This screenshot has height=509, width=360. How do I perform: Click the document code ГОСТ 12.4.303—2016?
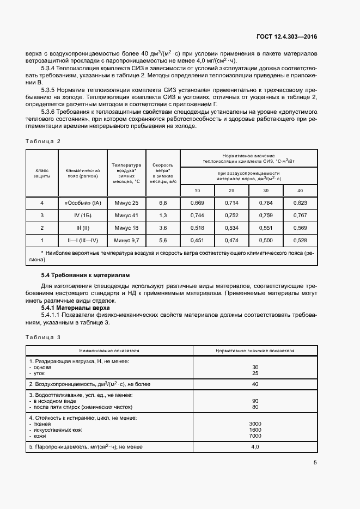click(286, 36)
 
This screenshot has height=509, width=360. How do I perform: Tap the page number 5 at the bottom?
click(315, 463)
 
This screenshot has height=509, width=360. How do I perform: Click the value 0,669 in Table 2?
click(197, 203)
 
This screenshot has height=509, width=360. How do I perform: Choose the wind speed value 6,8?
click(162, 203)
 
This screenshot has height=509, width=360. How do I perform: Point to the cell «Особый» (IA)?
click(83, 203)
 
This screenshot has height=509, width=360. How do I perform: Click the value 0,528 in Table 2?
click(300, 240)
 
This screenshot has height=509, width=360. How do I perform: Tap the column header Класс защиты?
click(42, 173)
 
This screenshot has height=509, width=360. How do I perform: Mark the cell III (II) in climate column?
click(83, 228)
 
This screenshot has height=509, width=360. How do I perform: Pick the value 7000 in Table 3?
click(255, 436)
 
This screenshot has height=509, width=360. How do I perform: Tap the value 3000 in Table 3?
click(255, 424)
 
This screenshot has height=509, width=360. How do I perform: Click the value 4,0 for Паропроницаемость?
click(255, 446)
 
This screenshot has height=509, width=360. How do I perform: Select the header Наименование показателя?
click(109, 351)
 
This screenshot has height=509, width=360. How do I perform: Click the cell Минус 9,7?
click(126, 240)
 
